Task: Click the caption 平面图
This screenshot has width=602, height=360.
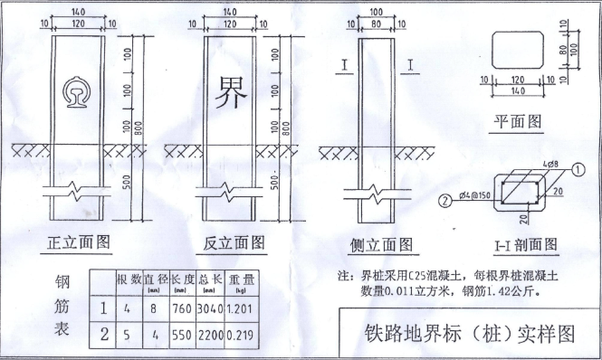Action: [x=518, y=119]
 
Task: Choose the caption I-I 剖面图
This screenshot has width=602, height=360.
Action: [x=525, y=244]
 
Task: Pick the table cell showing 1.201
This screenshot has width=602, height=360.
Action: [x=239, y=308]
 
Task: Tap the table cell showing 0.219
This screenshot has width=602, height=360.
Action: [x=239, y=335]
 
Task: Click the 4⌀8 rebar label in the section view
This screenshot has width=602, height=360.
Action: [x=547, y=164]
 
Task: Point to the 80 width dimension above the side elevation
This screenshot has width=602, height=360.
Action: [x=375, y=22]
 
